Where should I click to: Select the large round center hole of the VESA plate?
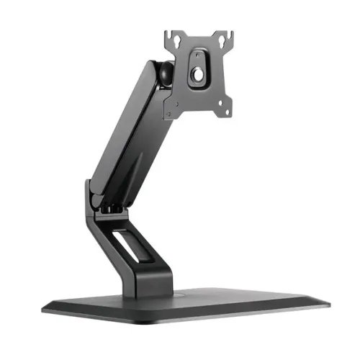[197, 73]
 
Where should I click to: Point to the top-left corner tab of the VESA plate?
[170, 35]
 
